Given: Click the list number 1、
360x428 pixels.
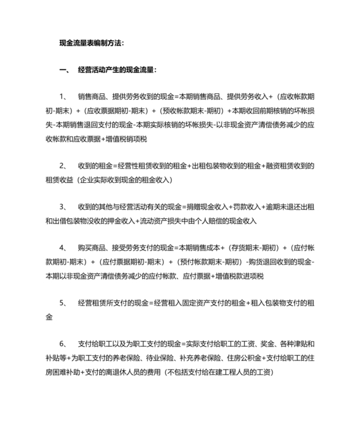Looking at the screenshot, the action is [x=63, y=96].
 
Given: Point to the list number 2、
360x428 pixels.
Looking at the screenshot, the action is [x=63, y=166].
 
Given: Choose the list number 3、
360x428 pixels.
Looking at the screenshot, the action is [x=63, y=207].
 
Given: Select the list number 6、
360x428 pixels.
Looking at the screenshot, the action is [x=63, y=343].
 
